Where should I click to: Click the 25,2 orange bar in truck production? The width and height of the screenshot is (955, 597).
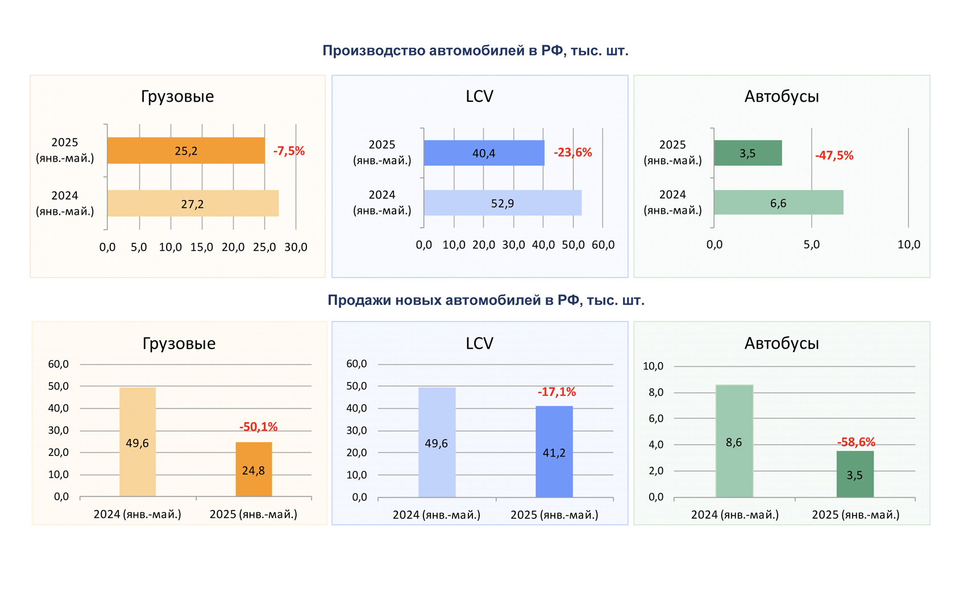pyautogui.click(x=186, y=151)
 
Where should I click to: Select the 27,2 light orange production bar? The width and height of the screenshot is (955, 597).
pyautogui.click(x=193, y=204)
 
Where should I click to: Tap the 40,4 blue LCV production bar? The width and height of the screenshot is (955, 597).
pyautogui.click(x=484, y=153)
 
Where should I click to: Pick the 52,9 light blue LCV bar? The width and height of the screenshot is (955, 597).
pyautogui.click(x=503, y=203)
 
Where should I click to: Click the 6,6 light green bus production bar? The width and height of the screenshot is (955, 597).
pyautogui.click(x=778, y=203)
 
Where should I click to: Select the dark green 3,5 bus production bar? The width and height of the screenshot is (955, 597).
pyautogui.click(x=748, y=153)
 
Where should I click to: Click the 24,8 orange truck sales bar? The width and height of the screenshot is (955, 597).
pyautogui.click(x=254, y=470)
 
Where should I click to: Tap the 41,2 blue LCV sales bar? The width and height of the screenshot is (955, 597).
pyautogui.click(x=554, y=452)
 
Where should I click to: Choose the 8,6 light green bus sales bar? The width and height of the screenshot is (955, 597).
pyautogui.click(x=734, y=441)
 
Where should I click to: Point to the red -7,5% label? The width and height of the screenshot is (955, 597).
pyautogui.click(x=289, y=151)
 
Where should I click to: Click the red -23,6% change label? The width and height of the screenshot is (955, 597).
pyautogui.click(x=572, y=152)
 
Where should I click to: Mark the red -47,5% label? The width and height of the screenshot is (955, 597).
pyautogui.click(x=834, y=155)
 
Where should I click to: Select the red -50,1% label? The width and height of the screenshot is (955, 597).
pyautogui.click(x=258, y=426)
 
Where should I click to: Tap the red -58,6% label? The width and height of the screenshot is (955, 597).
pyautogui.click(x=856, y=442)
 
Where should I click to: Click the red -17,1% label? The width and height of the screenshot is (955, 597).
pyautogui.click(x=557, y=392)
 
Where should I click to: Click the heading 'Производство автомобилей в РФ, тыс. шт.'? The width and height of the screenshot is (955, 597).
pyautogui.click(x=475, y=51)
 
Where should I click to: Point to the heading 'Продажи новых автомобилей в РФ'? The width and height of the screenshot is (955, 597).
pyautogui.click(x=486, y=300)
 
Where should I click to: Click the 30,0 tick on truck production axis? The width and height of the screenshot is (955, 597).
pyautogui.click(x=296, y=247)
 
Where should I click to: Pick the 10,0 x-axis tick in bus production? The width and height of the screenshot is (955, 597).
pyautogui.click(x=908, y=244)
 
